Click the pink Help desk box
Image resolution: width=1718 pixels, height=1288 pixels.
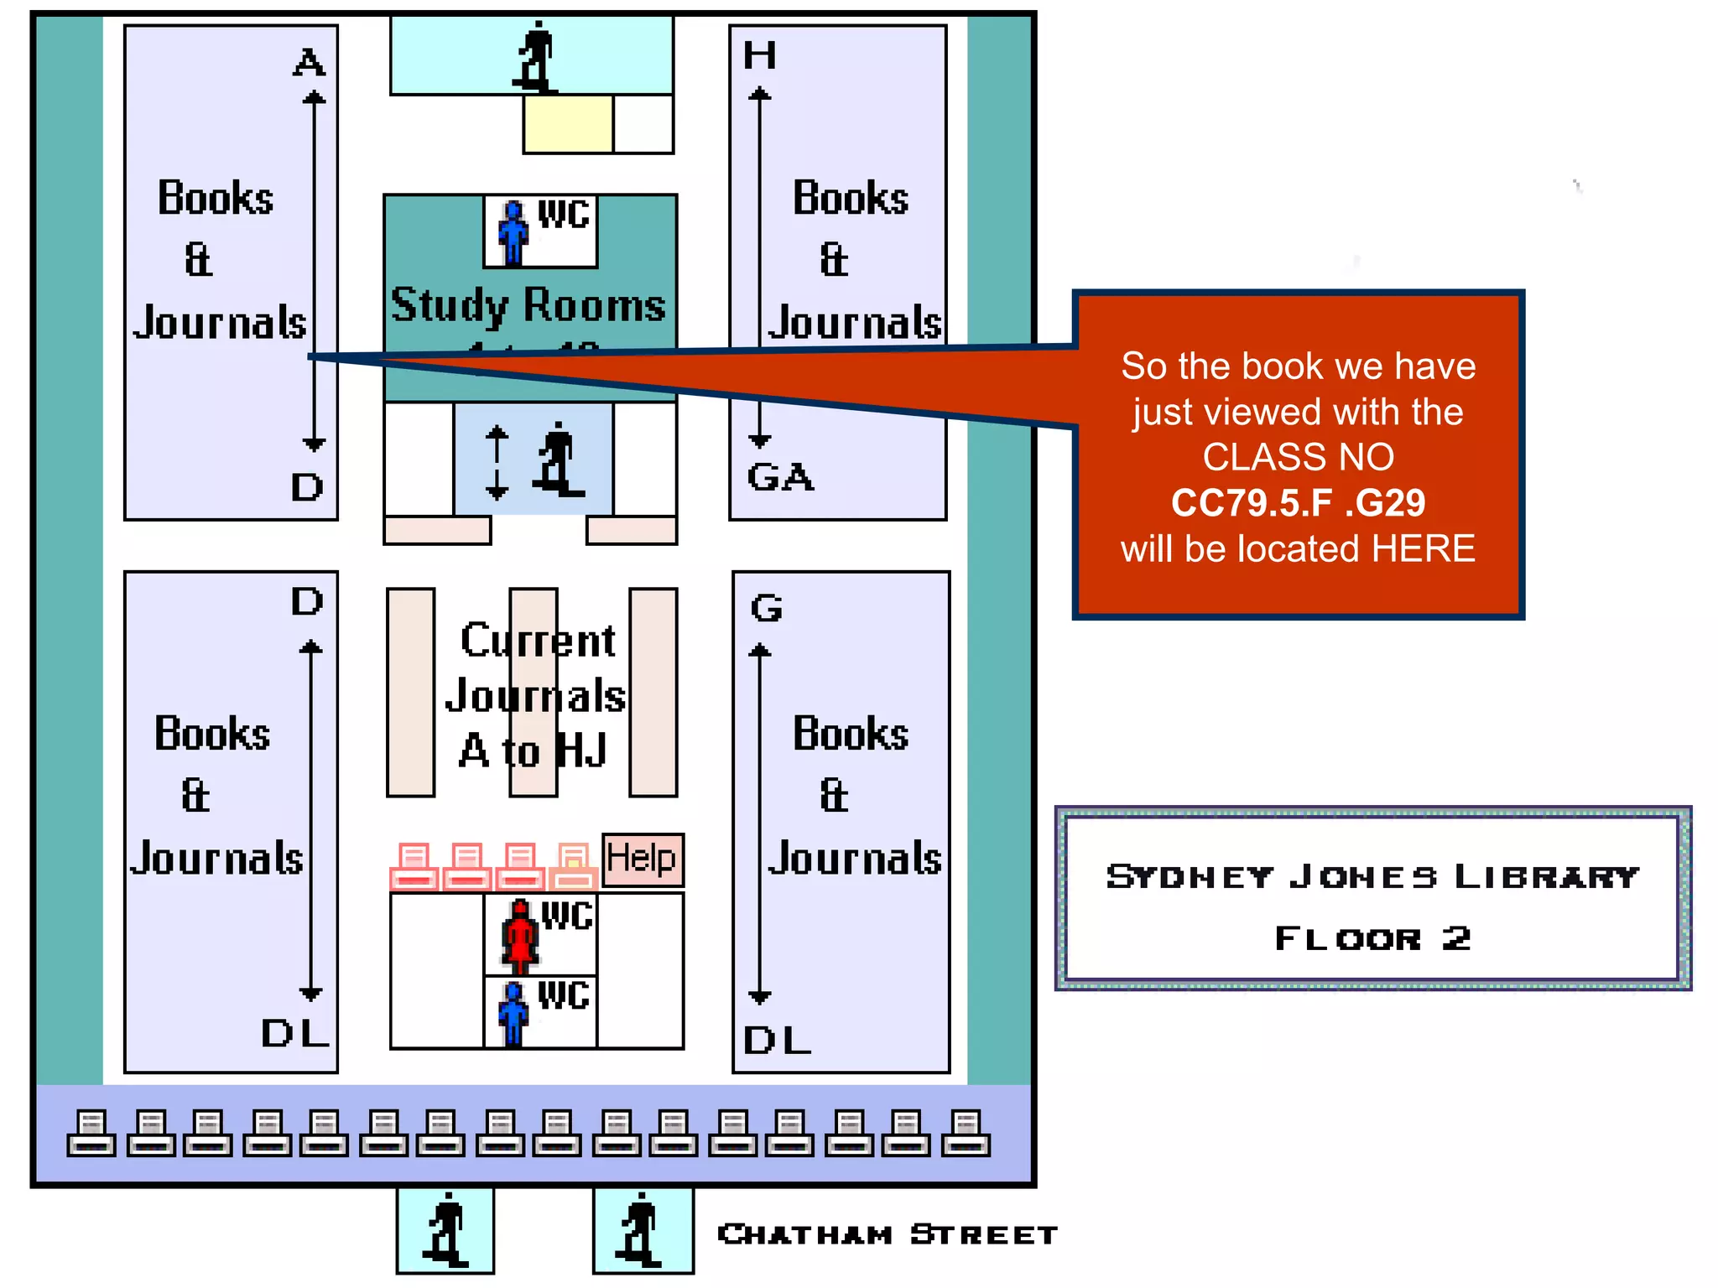point(643,860)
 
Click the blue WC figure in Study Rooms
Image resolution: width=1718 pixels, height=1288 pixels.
point(513,233)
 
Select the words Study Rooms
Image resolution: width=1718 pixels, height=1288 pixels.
point(528,304)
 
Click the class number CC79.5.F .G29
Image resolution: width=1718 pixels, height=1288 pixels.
point(1298,503)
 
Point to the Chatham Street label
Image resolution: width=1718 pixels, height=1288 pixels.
point(888,1234)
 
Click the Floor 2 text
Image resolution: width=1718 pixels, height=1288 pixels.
point(1372,938)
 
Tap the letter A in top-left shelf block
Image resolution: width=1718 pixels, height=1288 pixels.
point(309,63)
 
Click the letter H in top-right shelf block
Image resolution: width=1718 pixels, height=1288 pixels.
point(760,56)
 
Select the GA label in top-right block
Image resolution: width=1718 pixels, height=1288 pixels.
point(780,477)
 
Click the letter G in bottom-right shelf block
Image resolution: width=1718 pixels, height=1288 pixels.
point(767,608)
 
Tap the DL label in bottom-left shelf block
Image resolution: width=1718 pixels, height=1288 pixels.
point(294,1033)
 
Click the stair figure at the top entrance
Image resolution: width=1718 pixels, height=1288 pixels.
point(535,57)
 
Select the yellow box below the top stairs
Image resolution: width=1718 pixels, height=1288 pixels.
point(568,123)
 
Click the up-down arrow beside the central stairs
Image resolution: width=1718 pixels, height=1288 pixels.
point(497,462)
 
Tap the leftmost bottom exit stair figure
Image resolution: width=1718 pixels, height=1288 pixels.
point(445,1230)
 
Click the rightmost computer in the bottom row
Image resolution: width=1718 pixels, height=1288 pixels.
point(966,1133)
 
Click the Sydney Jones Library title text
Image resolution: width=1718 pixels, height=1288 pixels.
point(1372,876)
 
